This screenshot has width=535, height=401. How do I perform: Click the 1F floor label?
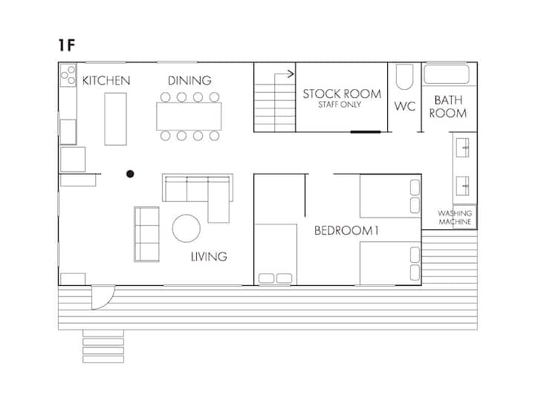tap(67, 45)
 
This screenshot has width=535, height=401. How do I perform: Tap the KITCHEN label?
tap(106, 81)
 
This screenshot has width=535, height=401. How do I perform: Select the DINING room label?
tap(189, 80)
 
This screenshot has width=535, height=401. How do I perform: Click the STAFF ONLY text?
tap(340, 105)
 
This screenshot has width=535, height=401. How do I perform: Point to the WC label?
tap(405, 106)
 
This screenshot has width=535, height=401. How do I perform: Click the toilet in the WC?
tap(405, 76)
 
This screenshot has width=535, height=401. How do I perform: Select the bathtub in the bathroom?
tap(447, 74)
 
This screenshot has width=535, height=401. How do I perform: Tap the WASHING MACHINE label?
tap(455, 218)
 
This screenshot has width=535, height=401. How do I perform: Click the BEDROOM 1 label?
tap(346, 231)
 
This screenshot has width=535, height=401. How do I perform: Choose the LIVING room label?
tap(209, 257)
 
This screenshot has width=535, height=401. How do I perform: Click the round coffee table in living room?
tap(187, 229)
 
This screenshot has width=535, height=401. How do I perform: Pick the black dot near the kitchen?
tap(130, 174)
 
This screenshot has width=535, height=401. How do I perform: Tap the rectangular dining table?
tap(189, 117)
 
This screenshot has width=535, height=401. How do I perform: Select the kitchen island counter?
tap(115, 119)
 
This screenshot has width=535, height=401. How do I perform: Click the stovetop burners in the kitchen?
tap(68, 75)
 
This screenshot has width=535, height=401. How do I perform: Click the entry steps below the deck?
tap(103, 346)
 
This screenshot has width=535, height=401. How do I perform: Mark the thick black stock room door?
tap(366, 132)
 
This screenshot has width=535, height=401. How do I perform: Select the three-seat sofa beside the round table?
tap(146, 234)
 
